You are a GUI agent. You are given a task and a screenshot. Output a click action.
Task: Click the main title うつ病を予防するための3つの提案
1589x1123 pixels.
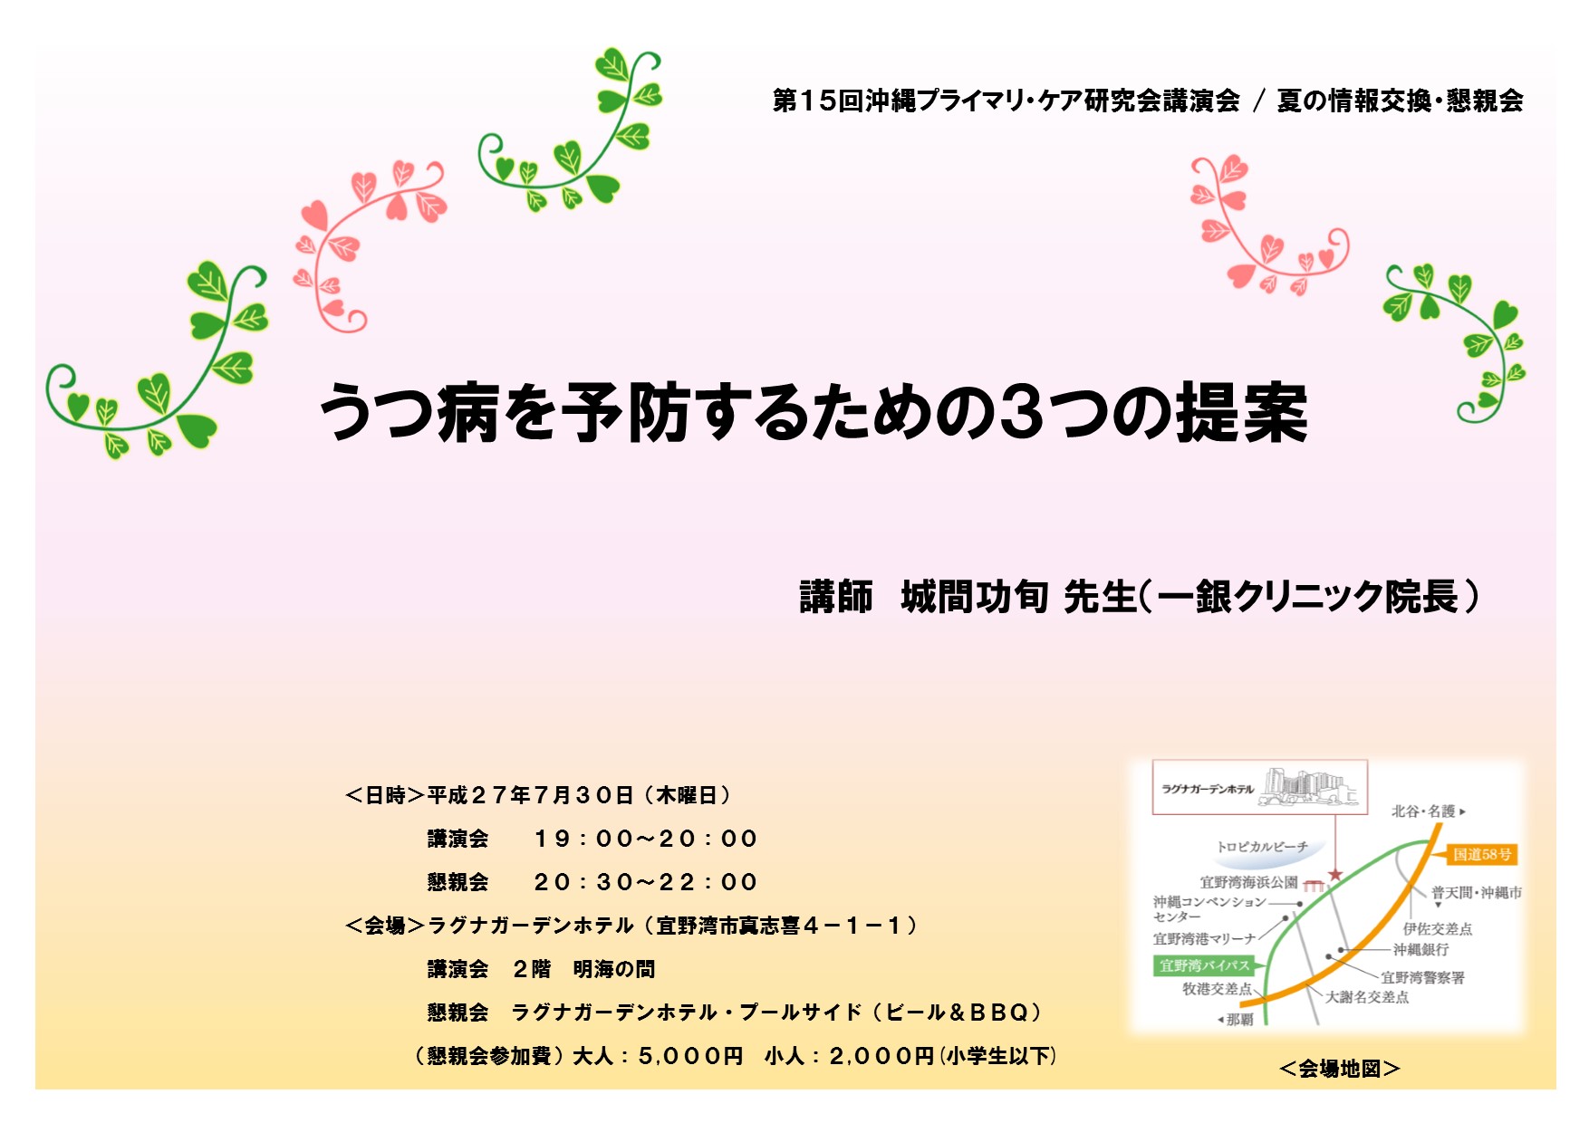[x=814, y=412]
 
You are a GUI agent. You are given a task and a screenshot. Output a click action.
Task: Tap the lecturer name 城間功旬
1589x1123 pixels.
[x=975, y=597]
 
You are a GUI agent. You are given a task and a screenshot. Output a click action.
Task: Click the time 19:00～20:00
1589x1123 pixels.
[x=645, y=839]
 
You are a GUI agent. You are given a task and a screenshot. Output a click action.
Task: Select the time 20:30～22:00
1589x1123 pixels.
[x=645, y=882]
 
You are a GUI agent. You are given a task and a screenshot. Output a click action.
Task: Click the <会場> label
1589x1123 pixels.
[x=385, y=926]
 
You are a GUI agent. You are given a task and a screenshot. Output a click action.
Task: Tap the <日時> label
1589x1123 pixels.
[x=385, y=795]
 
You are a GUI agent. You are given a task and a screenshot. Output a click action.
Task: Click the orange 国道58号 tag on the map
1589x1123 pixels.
[x=1482, y=854]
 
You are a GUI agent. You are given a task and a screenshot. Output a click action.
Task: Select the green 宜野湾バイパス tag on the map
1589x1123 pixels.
[x=1204, y=965]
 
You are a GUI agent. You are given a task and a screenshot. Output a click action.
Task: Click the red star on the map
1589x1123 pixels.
[x=1334, y=875]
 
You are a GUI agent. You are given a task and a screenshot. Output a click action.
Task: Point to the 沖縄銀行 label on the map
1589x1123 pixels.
[x=1420, y=949]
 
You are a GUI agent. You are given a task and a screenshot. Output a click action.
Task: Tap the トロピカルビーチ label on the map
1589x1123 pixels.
[x=1262, y=847]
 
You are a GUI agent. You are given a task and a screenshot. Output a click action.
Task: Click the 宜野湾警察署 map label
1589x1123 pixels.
[x=1422, y=977]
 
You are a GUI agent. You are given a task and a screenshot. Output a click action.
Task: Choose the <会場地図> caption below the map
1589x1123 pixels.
[x=1340, y=1069]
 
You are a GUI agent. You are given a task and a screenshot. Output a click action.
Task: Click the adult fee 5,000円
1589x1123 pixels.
[x=690, y=1056]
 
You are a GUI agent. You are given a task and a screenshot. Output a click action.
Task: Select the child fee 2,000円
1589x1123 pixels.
[x=881, y=1056]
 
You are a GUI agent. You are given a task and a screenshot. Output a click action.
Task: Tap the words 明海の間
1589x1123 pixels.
[x=613, y=969]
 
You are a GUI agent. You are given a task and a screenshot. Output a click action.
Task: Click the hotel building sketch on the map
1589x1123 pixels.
[x=1310, y=786]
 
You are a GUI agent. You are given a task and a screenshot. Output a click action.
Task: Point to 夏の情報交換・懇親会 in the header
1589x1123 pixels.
[x=1400, y=101]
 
